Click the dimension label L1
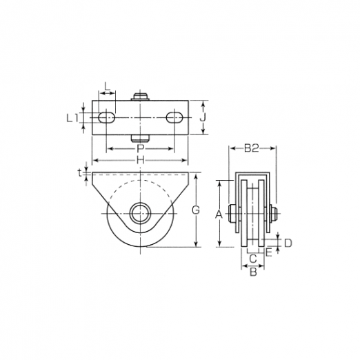pos(72,118)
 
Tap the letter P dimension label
pos(140,149)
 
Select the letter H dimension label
pos(140,161)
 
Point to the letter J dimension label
pos(202,118)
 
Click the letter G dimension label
pos(196,210)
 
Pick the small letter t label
pos(79,173)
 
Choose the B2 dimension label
pos(252,149)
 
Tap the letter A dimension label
pos(219,214)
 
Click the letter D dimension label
pos(288,243)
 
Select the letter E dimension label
pos(269,253)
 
